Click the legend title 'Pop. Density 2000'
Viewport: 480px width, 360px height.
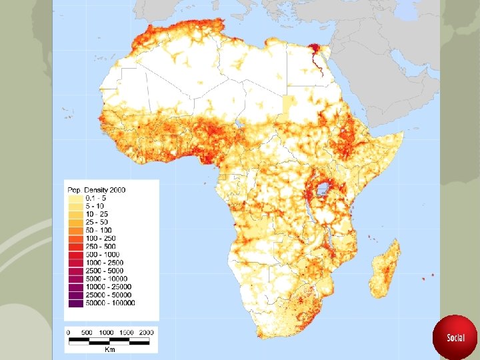(x=96, y=190)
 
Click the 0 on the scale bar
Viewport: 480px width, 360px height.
(x=68, y=332)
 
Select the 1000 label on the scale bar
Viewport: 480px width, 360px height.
(x=105, y=332)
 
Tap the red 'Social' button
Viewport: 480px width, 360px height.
(x=455, y=337)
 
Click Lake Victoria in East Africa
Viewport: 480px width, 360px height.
(x=325, y=189)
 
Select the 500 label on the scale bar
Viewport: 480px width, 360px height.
(x=87, y=332)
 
